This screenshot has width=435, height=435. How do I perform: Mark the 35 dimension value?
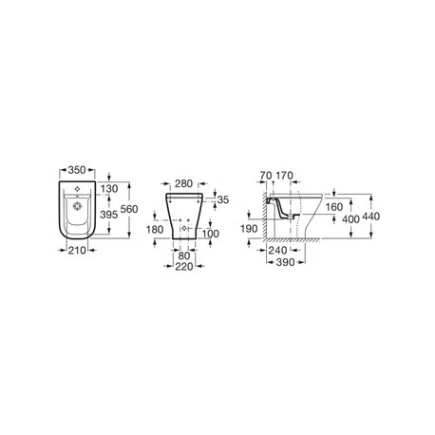point(223,201)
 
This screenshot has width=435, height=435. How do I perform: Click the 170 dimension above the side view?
point(286,177)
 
